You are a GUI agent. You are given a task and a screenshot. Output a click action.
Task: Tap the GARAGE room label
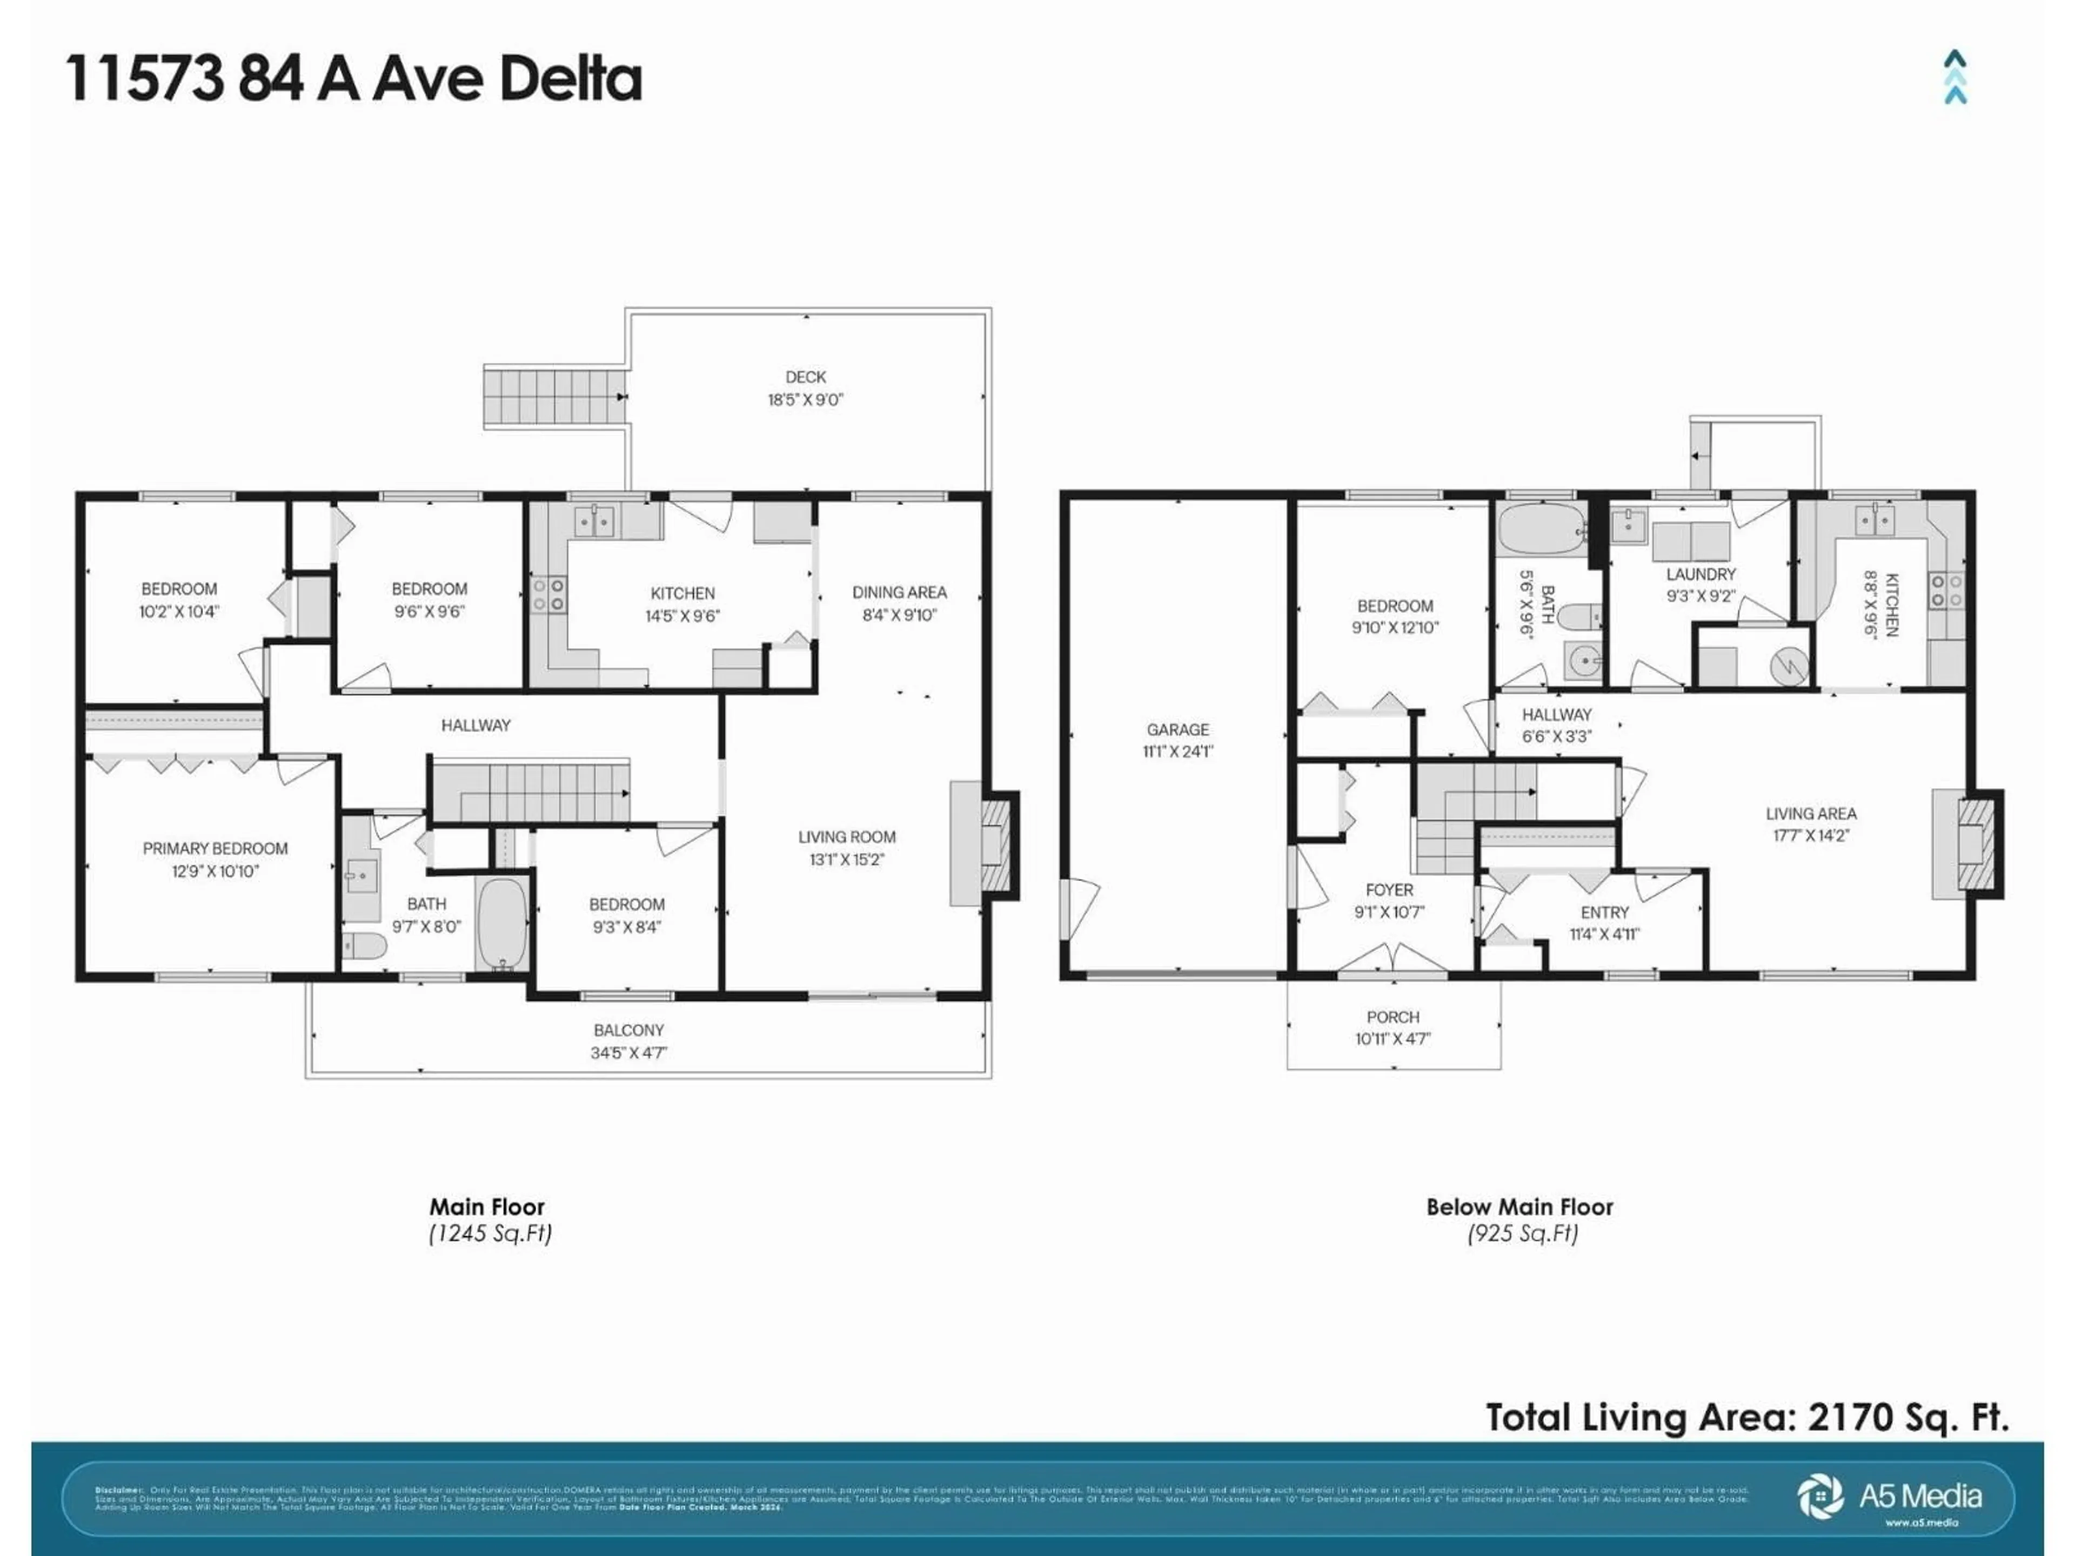tap(1177, 729)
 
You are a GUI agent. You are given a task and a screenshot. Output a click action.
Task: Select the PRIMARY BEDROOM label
tap(215, 848)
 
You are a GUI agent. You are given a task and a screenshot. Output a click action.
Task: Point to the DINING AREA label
tap(899, 592)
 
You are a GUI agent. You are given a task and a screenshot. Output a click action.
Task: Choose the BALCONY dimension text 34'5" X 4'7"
tap(627, 1052)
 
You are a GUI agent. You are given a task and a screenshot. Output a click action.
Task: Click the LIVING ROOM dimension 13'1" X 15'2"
tap(846, 859)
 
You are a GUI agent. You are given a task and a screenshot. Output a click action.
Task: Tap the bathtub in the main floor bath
tap(503, 923)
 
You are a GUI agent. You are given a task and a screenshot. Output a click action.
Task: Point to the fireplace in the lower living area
tap(1977, 844)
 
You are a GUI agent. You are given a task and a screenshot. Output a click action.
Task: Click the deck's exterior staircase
tap(553, 397)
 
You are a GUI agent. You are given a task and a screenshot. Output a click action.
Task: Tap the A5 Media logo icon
tap(1820, 1496)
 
